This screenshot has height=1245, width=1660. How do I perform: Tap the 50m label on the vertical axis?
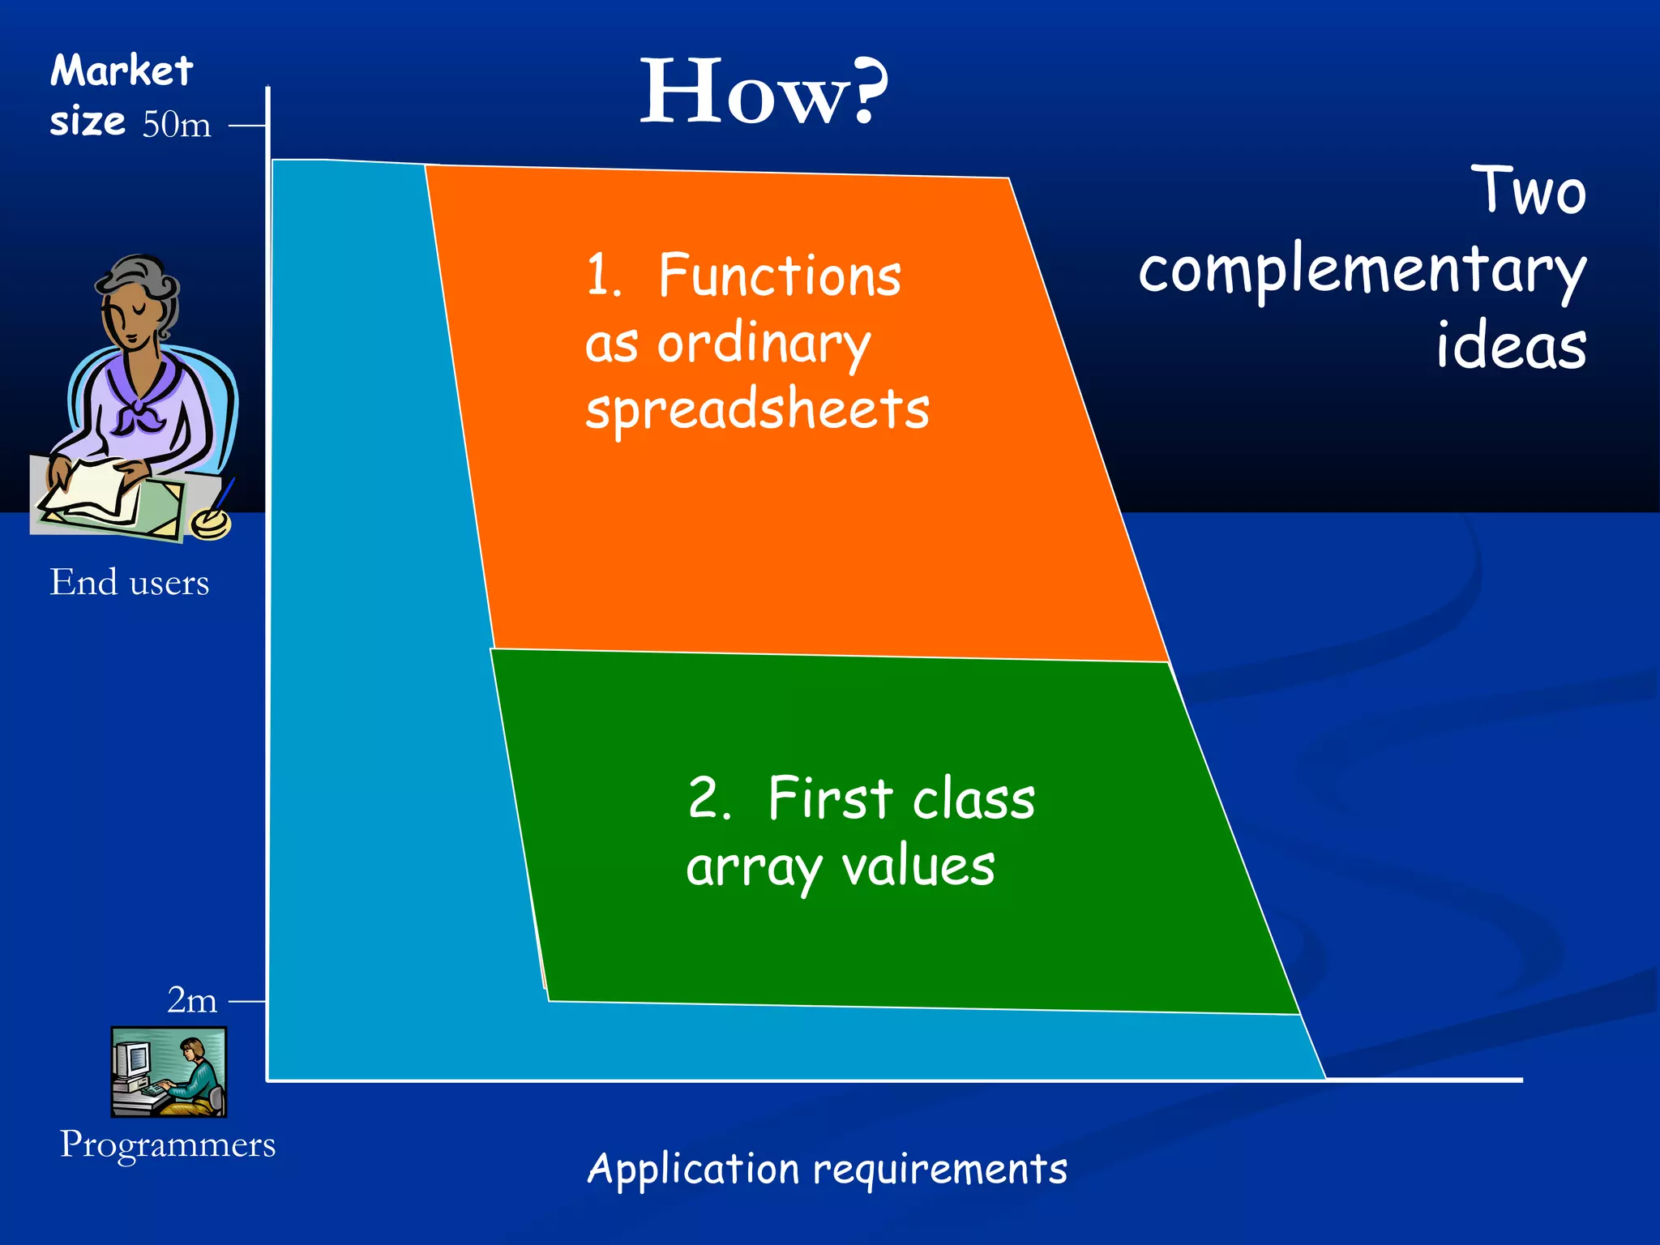(177, 125)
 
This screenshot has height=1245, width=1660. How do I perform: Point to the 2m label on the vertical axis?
(192, 1000)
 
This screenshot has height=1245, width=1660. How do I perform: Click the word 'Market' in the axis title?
(122, 71)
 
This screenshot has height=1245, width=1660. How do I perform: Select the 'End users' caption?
(130, 582)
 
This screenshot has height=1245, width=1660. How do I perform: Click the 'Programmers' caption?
(168, 1144)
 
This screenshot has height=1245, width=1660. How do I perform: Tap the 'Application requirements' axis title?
(827, 1170)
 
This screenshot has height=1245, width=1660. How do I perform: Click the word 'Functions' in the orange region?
(779, 276)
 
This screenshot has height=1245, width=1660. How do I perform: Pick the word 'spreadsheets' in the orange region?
(757, 409)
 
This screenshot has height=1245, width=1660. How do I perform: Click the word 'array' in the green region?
(754, 868)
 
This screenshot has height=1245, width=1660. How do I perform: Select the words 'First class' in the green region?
(901, 799)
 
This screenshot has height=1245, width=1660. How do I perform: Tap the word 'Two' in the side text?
(1529, 191)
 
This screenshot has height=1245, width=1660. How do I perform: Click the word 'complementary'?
(1362, 272)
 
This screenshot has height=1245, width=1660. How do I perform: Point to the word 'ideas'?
(1511, 347)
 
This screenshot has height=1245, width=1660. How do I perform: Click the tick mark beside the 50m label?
(247, 126)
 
